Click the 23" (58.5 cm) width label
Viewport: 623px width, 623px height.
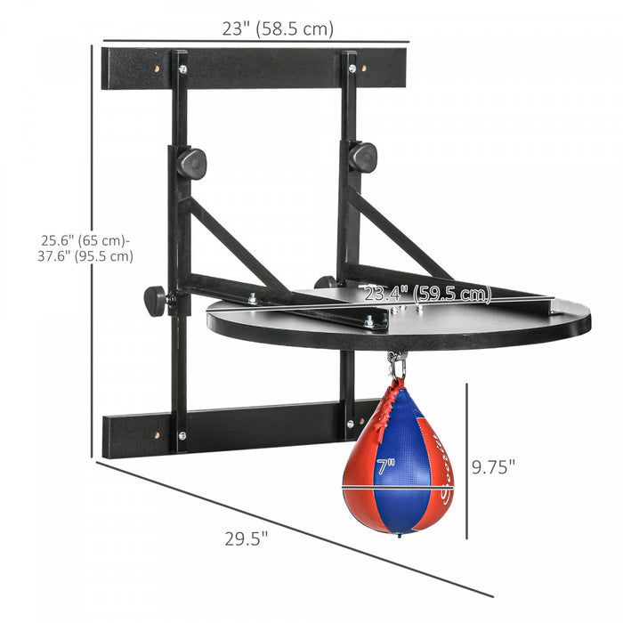(277, 28)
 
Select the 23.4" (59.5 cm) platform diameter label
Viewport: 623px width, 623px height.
(425, 293)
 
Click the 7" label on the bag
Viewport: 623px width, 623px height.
(384, 464)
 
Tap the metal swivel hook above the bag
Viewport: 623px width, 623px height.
(396, 365)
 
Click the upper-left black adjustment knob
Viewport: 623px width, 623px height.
(191, 164)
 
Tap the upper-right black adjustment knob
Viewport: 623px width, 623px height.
(362, 157)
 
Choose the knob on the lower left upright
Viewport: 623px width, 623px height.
(157, 300)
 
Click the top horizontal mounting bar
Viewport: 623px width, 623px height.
(254, 68)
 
